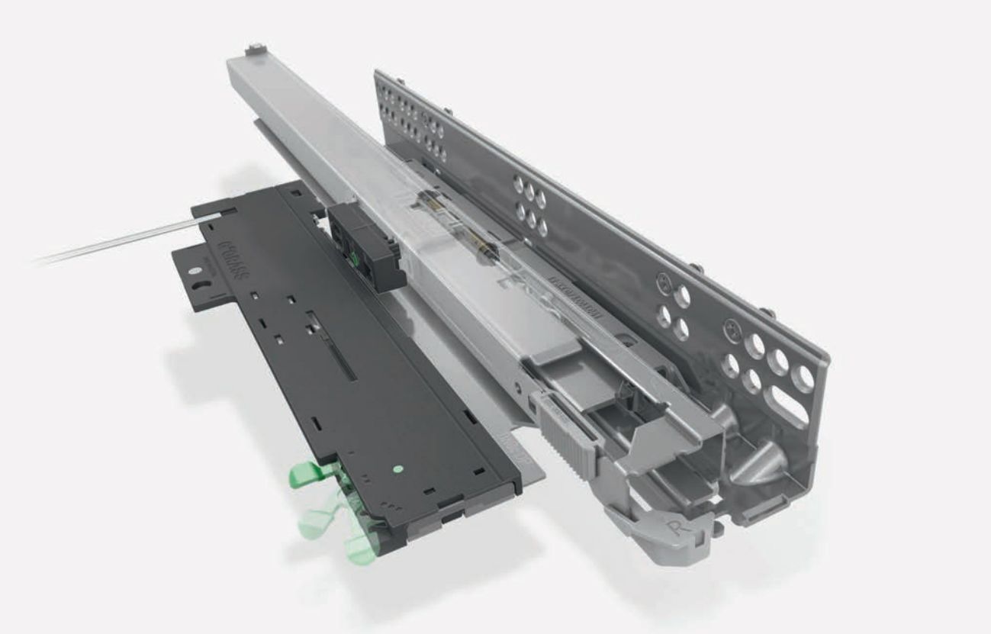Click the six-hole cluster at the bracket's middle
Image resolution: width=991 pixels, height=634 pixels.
[x=529, y=205]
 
